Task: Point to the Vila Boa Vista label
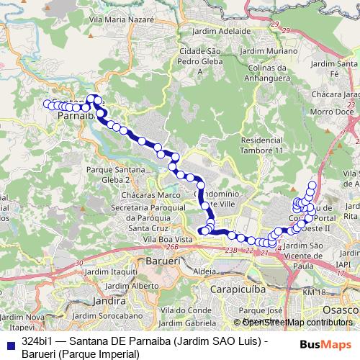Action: (x=168, y=239)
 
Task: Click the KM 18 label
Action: (x=315, y=293)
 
